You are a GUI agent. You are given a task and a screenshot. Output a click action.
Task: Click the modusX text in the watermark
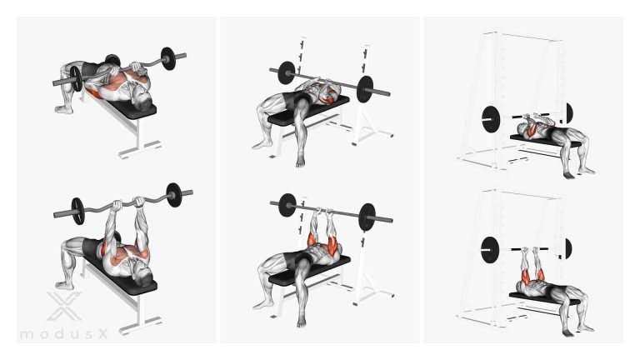pyautogui.click(x=64, y=334)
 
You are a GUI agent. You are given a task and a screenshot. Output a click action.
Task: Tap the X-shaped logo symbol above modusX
pyautogui.click(x=63, y=306)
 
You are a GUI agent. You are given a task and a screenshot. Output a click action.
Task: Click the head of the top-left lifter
pyautogui.click(x=142, y=100)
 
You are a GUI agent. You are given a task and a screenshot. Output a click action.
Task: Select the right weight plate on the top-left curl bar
pyautogui.click(x=168, y=59)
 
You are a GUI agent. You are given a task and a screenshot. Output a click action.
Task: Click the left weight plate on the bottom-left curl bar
pyautogui.click(x=77, y=211)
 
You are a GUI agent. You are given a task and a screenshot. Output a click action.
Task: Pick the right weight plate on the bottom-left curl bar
pyautogui.click(x=173, y=195)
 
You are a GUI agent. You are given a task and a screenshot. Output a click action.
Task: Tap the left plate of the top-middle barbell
pyautogui.click(x=287, y=73)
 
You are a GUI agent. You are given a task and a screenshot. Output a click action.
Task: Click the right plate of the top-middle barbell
pyautogui.click(x=364, y=89)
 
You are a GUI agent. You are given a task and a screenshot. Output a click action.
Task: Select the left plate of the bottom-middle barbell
pyautogui.click(x=287, y=205)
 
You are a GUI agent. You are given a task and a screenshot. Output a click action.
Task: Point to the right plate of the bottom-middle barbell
pyautogui.click(x=367, y=217)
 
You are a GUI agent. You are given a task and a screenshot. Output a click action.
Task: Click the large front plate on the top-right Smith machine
pyautogui.click(x=490, y=119)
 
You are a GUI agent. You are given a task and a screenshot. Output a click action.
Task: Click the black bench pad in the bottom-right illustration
pyautogui.click(x=545, y=298)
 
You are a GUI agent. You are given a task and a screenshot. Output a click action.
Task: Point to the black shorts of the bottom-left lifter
pyautogui.click(x=91, y=248)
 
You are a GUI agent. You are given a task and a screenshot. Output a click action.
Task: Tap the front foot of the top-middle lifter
pyautogui.click(x=301, y=160)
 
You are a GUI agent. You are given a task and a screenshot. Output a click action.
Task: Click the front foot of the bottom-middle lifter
pyautogui.click(x=301, y=321)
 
